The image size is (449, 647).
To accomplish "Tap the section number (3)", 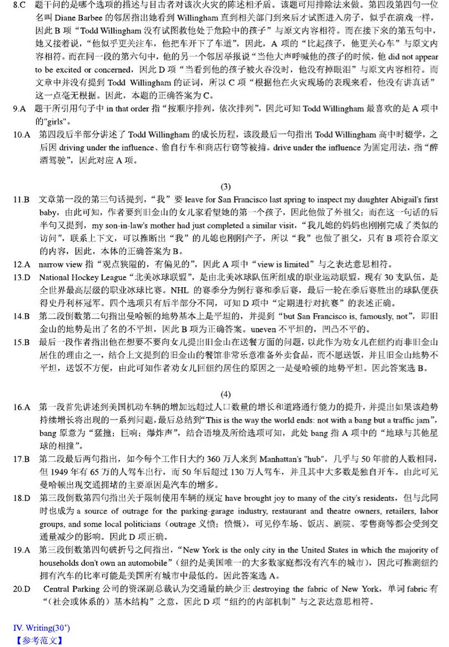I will (225, 186).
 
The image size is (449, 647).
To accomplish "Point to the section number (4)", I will (225, 394).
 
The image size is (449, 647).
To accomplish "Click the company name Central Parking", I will (73, 587).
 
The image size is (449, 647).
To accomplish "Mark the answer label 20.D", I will (23, 587).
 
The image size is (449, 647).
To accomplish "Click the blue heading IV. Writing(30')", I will (43, 629).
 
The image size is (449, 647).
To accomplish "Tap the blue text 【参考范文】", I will (39, 640).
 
